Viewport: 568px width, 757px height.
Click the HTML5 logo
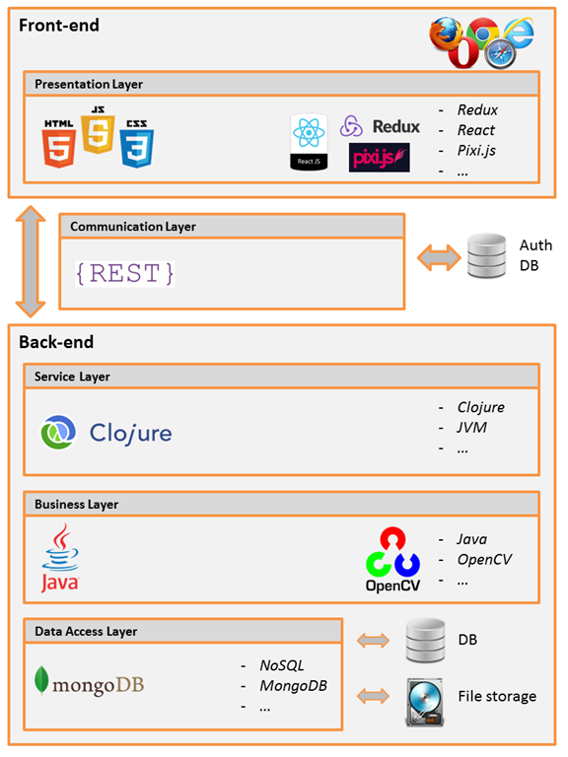[58, 144]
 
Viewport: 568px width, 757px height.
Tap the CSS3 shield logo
[137, 144]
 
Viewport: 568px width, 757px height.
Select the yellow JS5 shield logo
[98, 129]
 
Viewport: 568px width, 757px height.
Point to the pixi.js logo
[379, 158]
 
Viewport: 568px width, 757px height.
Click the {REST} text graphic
[125, 274]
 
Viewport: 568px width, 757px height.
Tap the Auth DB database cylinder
[487, 255]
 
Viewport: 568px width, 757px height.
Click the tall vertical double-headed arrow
[31, 261]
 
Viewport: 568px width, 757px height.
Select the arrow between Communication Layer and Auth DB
[439, 257]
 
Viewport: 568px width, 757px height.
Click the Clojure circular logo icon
[58, 432]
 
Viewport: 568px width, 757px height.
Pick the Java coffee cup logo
[60, 558]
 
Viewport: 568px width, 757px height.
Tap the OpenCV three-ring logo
[392, 559]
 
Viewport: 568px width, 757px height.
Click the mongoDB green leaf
[41, 680]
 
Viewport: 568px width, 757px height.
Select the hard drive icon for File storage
[425, 703]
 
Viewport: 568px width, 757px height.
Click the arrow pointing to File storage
[373, 696]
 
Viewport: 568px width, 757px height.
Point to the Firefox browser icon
[446, 34]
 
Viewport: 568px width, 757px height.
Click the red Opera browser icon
[463, 52]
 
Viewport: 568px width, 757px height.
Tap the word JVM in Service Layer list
[472, 427]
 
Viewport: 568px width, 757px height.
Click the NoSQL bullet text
[282, 665]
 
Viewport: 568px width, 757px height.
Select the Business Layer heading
[76, 505]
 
